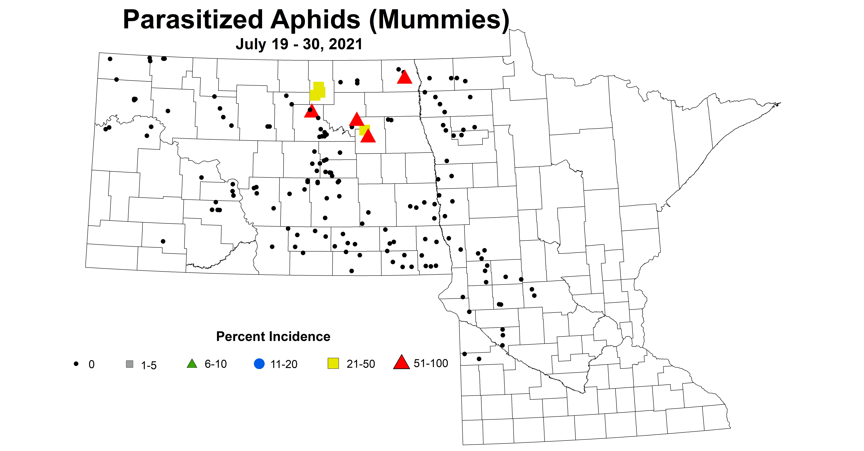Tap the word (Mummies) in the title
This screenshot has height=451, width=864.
[439, 20]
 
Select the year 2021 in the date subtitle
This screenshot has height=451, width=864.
[345, 44]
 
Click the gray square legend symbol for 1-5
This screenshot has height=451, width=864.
[129, 364]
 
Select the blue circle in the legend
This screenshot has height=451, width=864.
[259, 364]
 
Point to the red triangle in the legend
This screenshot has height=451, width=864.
[401, 363]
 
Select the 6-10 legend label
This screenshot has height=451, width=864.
[216, 364]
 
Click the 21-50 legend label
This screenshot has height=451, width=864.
[361, 364]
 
